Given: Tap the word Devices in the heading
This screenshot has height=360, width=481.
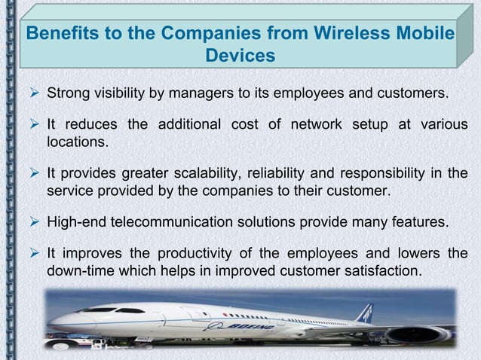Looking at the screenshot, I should (x=240, y=56).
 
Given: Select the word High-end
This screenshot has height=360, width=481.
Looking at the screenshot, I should (x=75, y=223).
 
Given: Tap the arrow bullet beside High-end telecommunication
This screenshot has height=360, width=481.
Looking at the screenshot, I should (x=33, y=223).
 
